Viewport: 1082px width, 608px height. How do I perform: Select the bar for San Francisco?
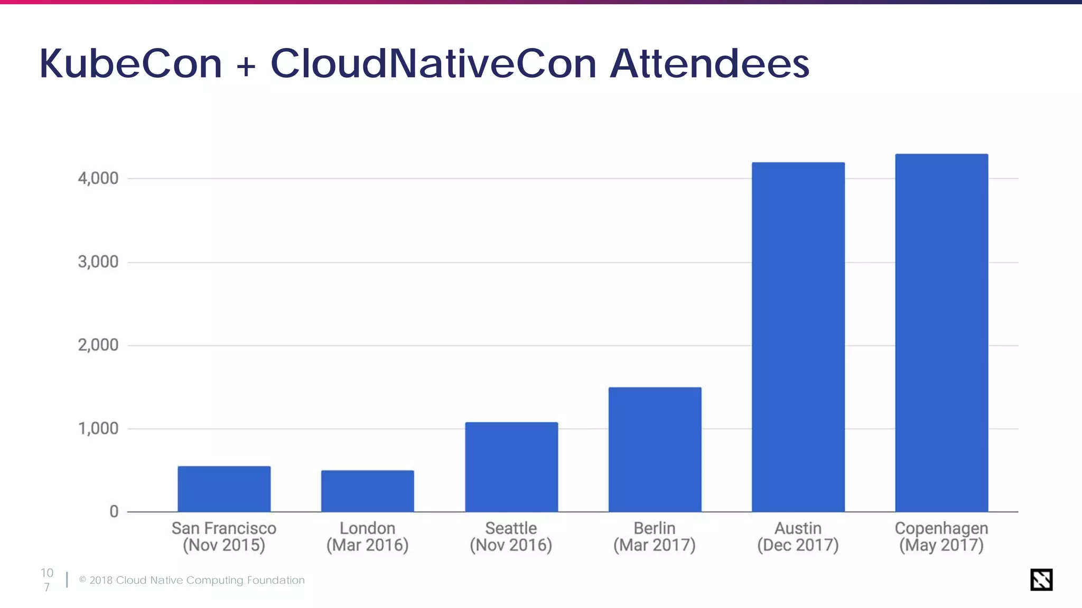click(224, 489)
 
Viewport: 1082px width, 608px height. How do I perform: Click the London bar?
click(368, 491)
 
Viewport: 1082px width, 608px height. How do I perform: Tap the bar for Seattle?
click(511, 467)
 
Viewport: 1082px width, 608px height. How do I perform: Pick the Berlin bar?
click(655, 450)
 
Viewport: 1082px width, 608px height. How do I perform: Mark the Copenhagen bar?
click(941, 332)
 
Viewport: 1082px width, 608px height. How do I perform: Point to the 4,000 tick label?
click(98, 178)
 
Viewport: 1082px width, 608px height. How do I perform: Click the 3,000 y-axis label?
click(98, 262)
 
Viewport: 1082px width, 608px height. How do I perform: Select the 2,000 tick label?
click(98, 345)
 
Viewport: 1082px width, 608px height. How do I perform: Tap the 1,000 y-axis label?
click(98, 429)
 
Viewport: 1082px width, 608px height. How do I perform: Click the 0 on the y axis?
click(114, 511)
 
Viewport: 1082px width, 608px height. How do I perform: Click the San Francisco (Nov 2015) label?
click(224, 536)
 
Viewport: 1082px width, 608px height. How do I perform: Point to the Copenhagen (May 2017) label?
click(941, 536)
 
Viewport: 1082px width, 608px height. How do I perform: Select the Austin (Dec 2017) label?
click(798, 536)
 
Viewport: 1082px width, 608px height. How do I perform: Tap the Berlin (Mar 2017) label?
click(655, 536)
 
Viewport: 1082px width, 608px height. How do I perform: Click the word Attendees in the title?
click(710, 64)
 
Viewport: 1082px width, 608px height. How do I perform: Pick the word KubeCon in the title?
click(131, 64)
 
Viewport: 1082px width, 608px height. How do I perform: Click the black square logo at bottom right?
click(1041, 579)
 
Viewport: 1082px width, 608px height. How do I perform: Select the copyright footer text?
click(192, 580)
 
